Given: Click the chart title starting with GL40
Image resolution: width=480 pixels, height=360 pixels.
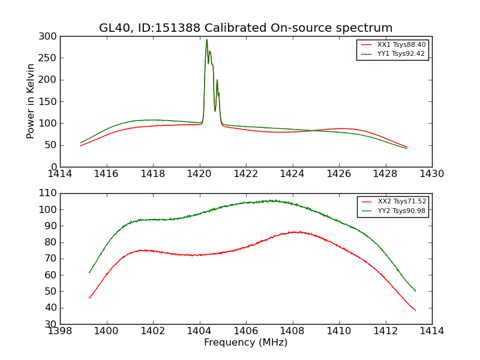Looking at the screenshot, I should (x=246, y=28).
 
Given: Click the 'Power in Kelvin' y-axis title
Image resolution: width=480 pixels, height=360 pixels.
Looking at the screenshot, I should (x=31, y=101).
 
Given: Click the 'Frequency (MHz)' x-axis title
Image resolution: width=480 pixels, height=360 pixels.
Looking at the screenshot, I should (x=246, y=343).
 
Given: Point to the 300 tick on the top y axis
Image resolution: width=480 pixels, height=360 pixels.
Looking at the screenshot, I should (x=50, y=37).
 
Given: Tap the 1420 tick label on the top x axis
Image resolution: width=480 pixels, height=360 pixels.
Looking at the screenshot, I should (x=200, y=174).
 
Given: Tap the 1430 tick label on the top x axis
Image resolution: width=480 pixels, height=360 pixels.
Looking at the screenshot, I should (x=432, y=174).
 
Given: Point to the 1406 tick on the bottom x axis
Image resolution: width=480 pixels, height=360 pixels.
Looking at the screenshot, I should (x=246, y=331).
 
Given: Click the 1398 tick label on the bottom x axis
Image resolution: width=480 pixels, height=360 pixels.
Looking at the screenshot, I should (x=61, y=331).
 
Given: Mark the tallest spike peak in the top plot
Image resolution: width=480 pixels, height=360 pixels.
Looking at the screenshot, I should (x=207, y=40).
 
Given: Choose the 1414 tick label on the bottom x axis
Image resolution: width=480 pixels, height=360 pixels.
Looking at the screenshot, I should (x=432, y=331).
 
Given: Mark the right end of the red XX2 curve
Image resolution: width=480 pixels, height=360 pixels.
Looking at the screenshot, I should (x=416, y=310).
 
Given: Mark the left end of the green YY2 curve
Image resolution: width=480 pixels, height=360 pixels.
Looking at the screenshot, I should (x=89, y=272).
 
